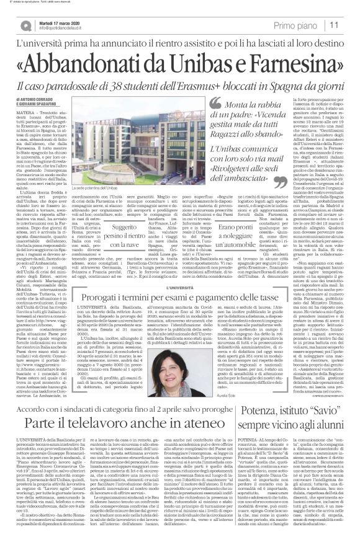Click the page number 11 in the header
[333, 25]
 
